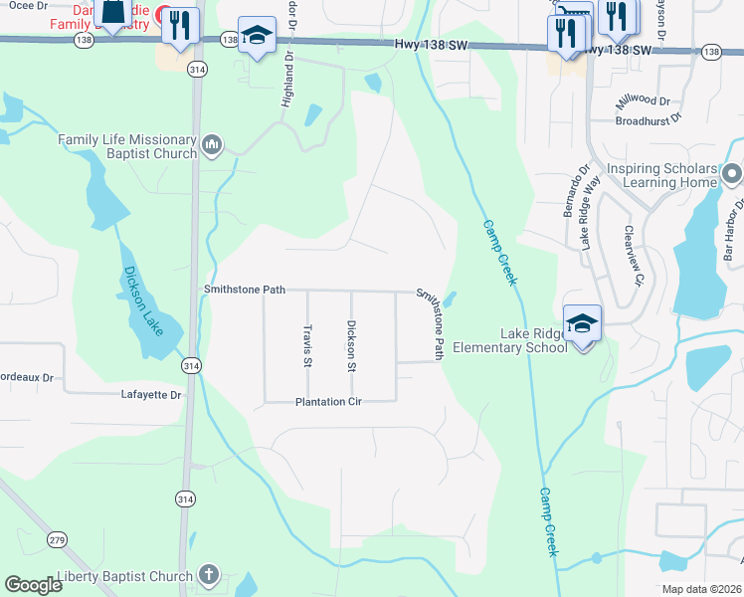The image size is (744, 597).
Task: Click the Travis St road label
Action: (x=307, y=343)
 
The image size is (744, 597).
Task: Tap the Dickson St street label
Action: (x=350, y=345)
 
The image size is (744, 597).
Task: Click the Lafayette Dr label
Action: (x=151, y=395)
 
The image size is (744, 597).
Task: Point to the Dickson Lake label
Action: (x=145, y=299)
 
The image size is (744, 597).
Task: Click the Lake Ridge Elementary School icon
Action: (x=582, y=324)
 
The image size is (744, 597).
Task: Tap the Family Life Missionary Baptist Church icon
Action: (x=212, y=147)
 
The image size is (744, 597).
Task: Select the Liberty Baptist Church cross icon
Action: (x=208, y=574)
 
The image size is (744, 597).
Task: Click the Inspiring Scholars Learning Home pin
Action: (x=733, y=174)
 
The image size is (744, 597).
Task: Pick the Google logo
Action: (x=33, y=585)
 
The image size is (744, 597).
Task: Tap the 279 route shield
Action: (x=58, y=540)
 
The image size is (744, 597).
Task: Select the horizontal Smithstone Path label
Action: (x=245, y=290)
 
